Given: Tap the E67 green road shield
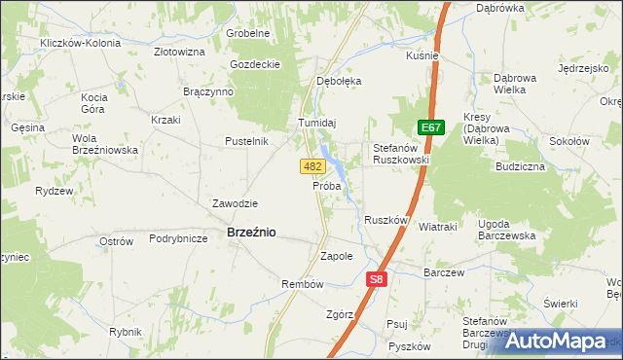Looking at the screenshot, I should tap(431, 127).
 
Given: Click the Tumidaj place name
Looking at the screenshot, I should tap(316, 123).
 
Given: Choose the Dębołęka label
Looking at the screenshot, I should tap(339, 81).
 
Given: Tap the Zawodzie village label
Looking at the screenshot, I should tap(235, 203).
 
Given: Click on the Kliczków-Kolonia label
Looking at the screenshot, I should tap(80, 44).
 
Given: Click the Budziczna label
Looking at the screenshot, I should tap(520, 167).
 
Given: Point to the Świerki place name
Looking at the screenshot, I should tap(562, 303).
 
